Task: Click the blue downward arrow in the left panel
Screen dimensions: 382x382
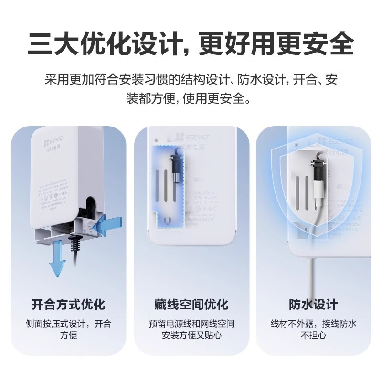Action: [57, 258]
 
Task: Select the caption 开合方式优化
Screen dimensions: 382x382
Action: [68, 304]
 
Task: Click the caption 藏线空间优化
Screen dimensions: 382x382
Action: [191, 304]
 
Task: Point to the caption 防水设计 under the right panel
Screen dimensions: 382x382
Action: [313, 304]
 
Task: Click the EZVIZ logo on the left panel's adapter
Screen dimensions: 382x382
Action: [53, 142]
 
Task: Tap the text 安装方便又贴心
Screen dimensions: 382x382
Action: [191, 335]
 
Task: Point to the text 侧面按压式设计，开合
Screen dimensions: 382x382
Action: [68, 323]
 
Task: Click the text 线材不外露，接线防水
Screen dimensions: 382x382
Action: [313, 323]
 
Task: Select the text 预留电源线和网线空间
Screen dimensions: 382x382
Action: [191, 323]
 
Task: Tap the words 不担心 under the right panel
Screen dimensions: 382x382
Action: [313, 335]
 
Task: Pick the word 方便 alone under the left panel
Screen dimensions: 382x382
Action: [68, 335]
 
